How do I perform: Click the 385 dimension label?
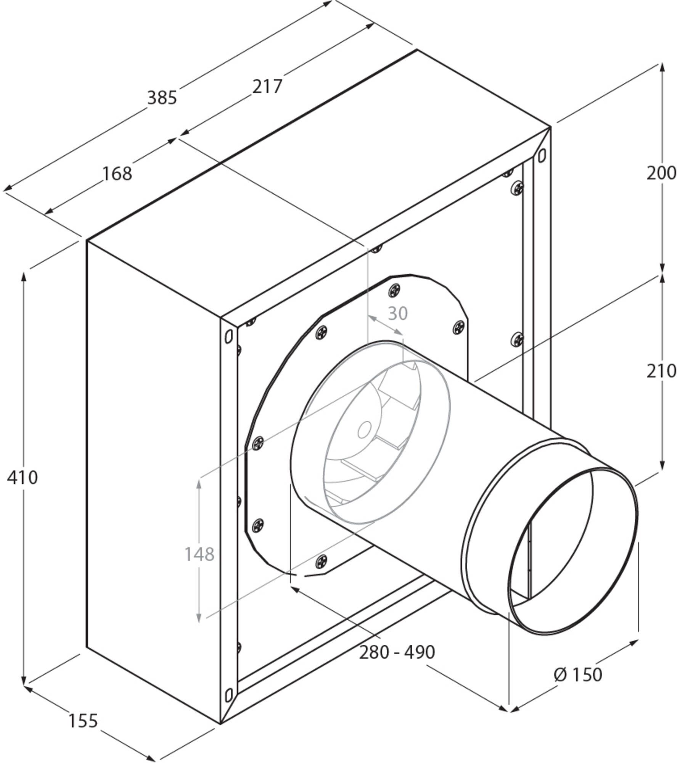pos(162,98)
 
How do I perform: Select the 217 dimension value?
pos(267,87)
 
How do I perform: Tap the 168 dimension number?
pos(117,174)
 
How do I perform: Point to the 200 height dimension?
pos(661,174)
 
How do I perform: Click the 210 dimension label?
pos(661,371)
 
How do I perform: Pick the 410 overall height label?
pos(23,477)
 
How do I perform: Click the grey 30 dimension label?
pos(398,314)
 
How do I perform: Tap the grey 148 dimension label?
pos(199,554)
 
